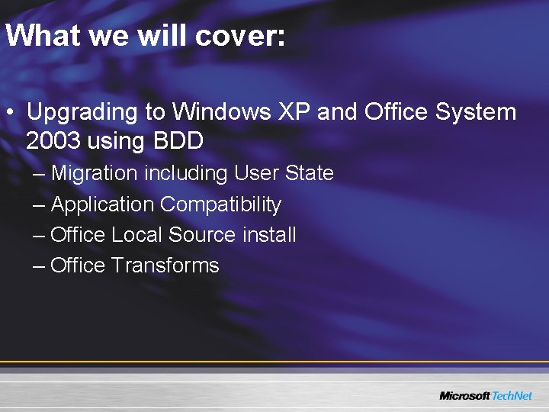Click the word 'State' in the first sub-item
coord(309,173)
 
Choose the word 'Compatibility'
coord(221,204)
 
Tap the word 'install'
coord(269,235)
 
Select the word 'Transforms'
coord(165,266)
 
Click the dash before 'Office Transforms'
coord(39,266)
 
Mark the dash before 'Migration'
coord(39,174)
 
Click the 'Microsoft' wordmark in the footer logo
coord(464,396)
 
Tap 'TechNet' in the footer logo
coord(512,396)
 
